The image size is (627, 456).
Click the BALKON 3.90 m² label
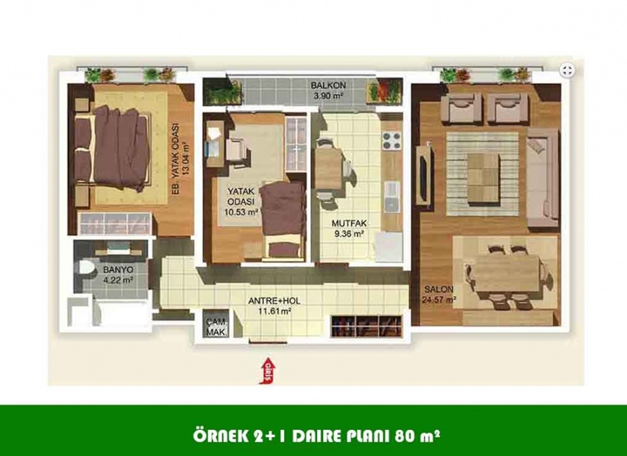328,91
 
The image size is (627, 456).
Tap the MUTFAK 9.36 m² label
349,228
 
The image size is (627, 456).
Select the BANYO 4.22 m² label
118,275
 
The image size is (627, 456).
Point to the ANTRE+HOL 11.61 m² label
274,305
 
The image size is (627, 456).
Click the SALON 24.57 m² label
439,294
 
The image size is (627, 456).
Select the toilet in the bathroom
86,268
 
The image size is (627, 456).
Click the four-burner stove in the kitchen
391,141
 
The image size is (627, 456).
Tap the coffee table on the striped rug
484,178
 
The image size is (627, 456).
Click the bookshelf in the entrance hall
366,326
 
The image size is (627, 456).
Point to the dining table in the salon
506,277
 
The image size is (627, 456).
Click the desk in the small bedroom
215,143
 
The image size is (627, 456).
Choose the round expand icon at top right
566,71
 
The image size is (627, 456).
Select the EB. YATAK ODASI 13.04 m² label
179,159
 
